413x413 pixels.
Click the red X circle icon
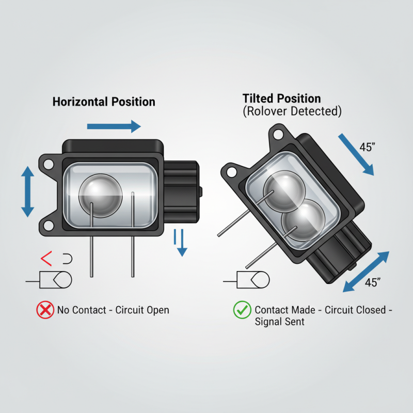point(45,310)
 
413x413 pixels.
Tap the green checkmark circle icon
point(242,310)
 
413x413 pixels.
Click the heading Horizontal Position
point(104,102)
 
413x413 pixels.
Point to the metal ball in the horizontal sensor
point(101,196)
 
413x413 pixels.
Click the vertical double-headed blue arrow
point(28,192)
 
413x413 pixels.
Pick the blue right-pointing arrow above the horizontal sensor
point(114,126)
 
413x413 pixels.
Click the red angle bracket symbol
point(46,259)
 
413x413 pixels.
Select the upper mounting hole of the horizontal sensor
point(49,164)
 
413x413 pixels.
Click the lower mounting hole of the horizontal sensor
point(49,226)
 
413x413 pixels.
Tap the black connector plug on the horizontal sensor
point(181,192)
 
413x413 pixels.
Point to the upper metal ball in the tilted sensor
point(284,191)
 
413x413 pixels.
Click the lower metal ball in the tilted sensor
point(303,220)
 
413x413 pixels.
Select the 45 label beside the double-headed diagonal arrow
point(373,282)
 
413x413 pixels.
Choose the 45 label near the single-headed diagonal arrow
point(367,147)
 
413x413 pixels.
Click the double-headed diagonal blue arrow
point(366,272)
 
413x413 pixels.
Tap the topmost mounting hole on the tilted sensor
point(278,134)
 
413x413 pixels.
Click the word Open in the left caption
point(158,310)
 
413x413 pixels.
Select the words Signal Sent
point(279,322)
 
